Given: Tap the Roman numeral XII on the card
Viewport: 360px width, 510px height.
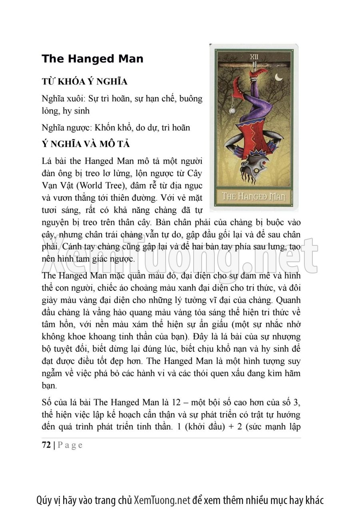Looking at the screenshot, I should click(254, 56).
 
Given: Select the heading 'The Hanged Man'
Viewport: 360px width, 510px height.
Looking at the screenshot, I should click(92, 59).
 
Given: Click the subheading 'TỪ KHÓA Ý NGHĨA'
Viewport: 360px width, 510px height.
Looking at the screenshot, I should click(84, 82).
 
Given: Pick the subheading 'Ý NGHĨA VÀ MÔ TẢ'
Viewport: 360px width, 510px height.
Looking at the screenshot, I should click(85, 144).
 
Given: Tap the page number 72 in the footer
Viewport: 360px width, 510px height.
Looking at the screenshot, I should click(46, 445).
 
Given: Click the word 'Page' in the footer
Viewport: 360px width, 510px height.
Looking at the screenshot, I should click(70, 445).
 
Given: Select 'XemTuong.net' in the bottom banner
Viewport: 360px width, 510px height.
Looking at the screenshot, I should click(162, 500).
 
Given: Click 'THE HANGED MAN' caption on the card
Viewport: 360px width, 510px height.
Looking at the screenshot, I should click(253, 197).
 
